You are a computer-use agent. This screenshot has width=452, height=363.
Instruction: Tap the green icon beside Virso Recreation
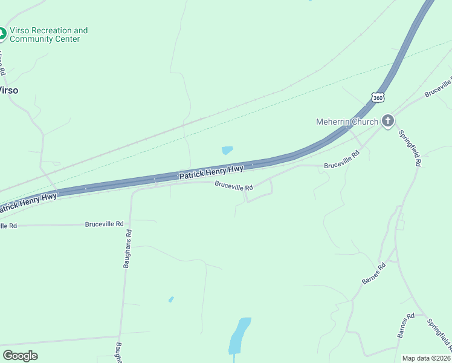click(x=2, y=34)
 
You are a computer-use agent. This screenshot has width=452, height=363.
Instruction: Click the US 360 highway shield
click(x=378, y=97)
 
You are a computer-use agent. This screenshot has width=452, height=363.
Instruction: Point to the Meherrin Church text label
click(x=347, y=122)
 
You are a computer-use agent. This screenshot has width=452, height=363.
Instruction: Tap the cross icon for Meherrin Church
click(x=387, y=122)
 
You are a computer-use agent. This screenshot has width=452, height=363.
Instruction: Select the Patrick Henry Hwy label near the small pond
click(x=211, y=172)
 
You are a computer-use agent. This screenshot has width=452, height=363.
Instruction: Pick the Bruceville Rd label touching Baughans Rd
click(x=104, y=224)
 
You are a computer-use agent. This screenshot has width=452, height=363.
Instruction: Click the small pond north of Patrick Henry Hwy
click(x=227, y=150)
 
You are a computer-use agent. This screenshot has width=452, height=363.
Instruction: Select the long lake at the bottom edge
click(x=239, y=336)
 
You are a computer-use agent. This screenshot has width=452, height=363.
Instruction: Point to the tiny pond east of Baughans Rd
click(x=171, y=299)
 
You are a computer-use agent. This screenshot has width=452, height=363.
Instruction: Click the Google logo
click(x=20, y=356)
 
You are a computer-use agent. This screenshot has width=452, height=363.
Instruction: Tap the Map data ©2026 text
click(x=427, y=358)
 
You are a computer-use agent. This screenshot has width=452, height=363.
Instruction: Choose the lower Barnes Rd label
click(x=405, y=325)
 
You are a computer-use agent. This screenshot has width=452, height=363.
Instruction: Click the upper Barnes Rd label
click(x=373, y=274)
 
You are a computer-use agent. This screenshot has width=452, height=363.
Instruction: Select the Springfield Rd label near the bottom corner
click(x=439, y=336)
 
